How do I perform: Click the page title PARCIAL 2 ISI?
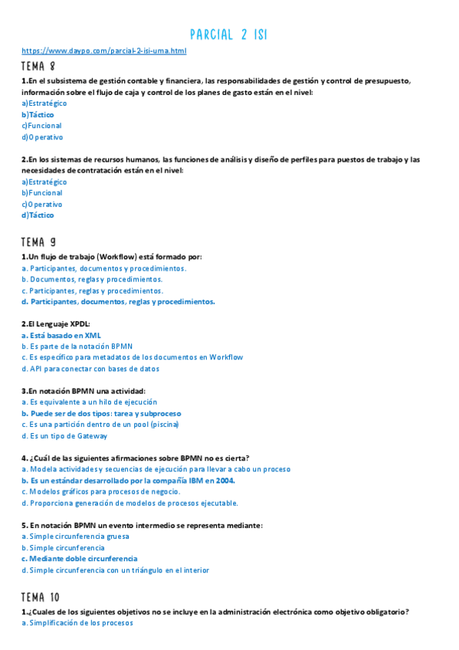[228, 34]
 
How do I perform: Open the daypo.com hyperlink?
[104, 51]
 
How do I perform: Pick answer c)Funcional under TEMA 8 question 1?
[42, 126]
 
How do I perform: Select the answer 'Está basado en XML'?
[61, 335]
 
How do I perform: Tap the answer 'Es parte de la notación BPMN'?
[81, 346]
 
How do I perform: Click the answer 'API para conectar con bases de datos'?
[90, 369]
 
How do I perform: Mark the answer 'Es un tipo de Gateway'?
[64, 436]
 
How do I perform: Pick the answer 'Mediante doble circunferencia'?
[80, 559]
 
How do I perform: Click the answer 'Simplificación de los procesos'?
[77, 623]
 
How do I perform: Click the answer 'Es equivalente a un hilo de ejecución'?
[90, 402]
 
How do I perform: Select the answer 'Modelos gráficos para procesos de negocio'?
[101, 491]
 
